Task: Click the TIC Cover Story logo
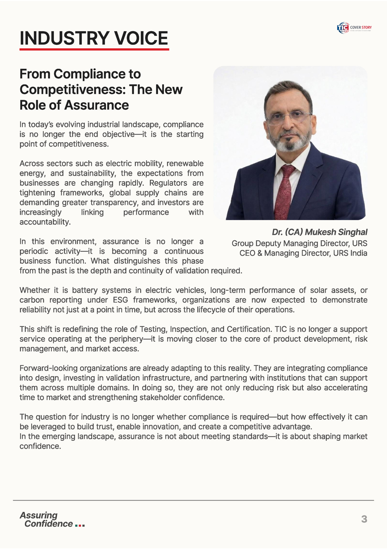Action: pos(354,28)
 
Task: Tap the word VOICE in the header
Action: pos(141,38)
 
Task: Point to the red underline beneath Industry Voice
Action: pos(94,50)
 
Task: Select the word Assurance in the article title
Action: pos(96,105)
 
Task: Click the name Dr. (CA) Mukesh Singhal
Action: pos(320,232)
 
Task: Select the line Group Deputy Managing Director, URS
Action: pos(299,243)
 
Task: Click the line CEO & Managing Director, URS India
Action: pos(303,253)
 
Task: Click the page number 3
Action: pos(364,519)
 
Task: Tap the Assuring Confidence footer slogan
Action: pos(46,519)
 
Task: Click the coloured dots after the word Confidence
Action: pos(80,525)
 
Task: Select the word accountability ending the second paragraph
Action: pos(45,222)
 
